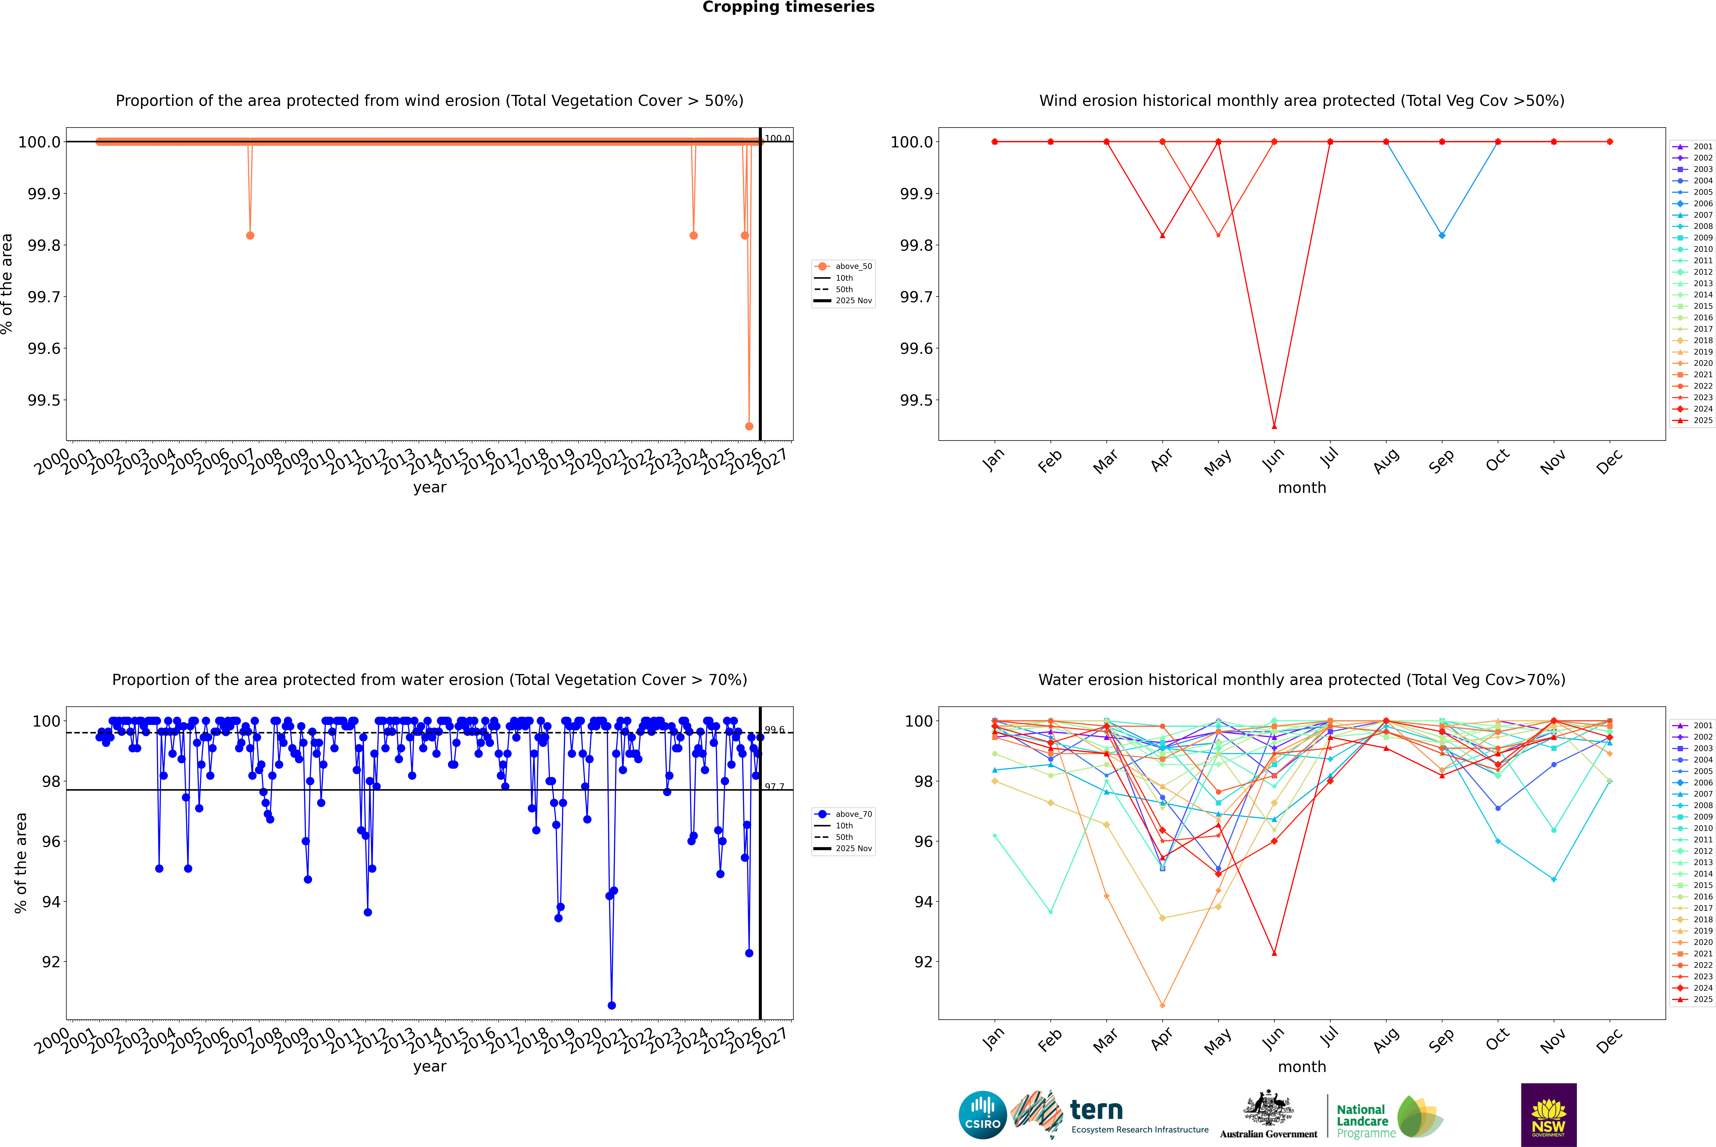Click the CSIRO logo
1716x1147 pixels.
982,1115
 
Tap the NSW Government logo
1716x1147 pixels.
1548,1115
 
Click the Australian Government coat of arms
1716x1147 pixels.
1268,1108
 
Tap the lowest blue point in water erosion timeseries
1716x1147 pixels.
612,1005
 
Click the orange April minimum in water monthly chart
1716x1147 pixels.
1162,1005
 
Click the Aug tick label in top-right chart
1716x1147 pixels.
1386,461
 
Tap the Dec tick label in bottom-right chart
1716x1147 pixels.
1609,1040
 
